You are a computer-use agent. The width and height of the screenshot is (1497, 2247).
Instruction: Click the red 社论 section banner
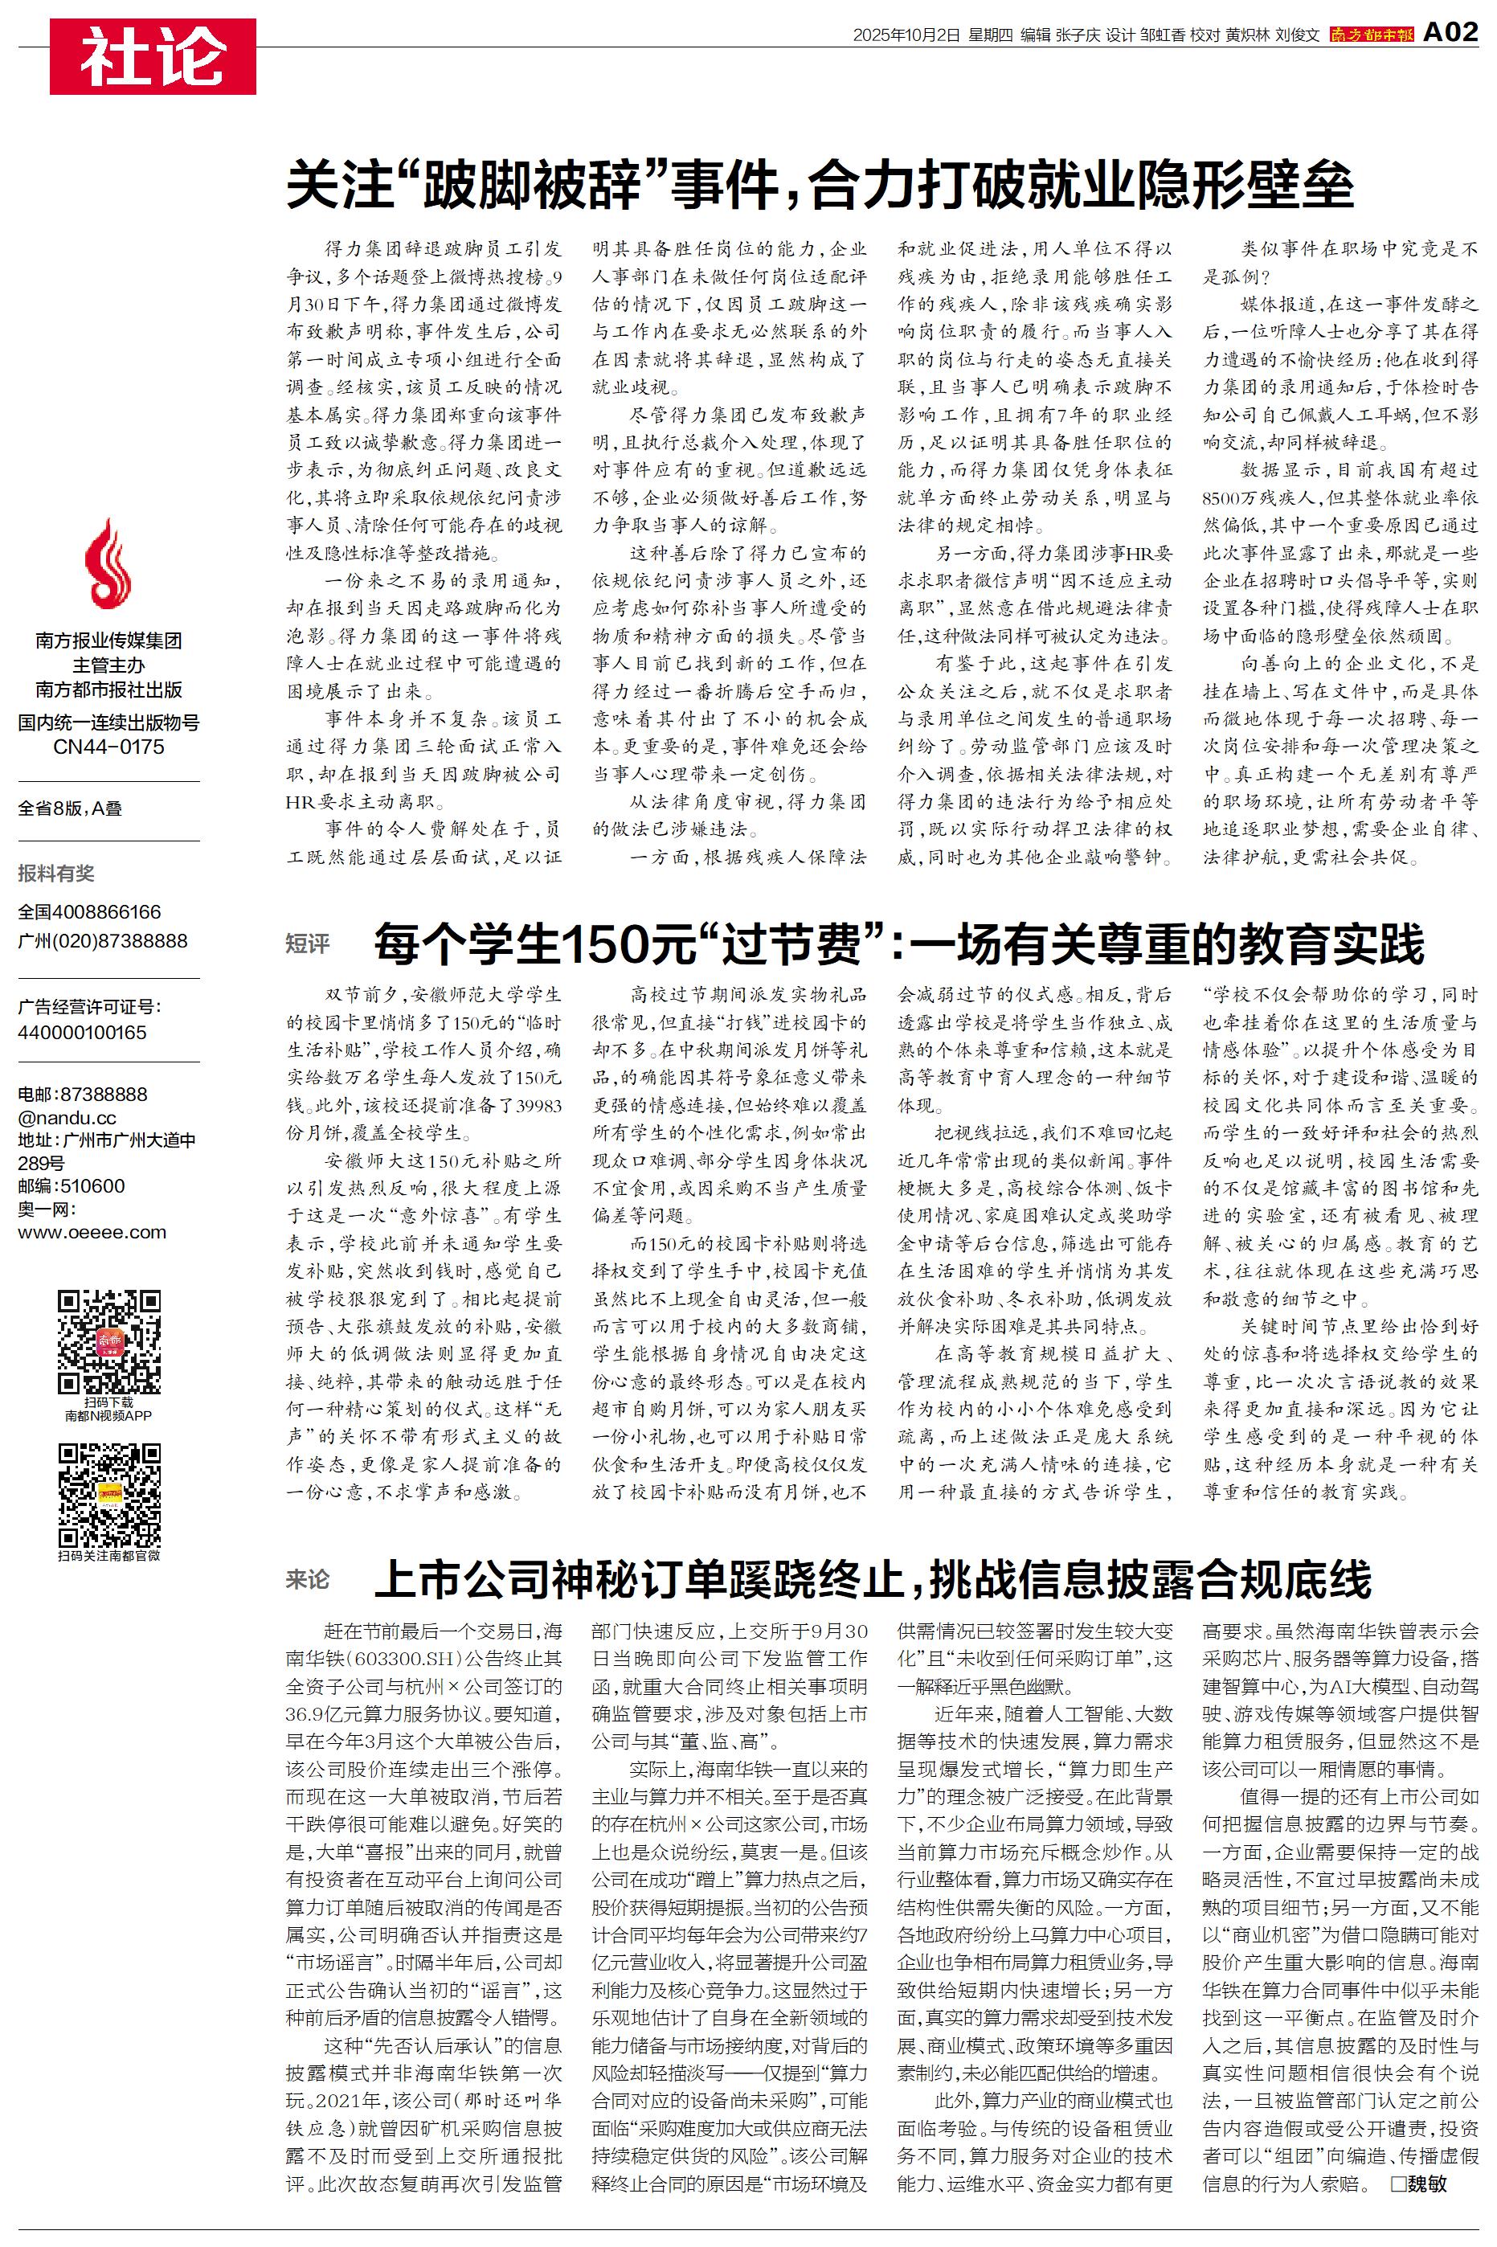tap(153, 56)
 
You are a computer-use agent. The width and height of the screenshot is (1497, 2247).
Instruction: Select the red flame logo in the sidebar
tap(108, 565)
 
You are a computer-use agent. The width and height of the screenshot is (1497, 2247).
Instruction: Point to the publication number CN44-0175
tap(108, 747)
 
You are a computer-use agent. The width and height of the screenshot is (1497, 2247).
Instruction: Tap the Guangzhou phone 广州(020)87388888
tap(102, 940)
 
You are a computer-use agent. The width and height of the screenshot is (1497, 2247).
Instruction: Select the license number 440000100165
tap(82, 1032)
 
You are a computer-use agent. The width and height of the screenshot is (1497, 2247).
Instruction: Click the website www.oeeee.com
tap(92, 1231)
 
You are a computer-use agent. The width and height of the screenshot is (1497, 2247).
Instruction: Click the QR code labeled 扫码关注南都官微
tap(108, 1495)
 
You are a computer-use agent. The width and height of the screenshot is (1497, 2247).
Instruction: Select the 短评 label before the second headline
tap(308, 943)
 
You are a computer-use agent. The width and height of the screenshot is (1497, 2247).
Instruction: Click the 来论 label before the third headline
tap(308, 1579)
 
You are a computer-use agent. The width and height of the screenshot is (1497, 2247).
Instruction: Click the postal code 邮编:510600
tap(72, 1185)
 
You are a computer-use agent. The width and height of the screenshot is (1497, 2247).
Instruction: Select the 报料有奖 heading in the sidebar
tap(56, 873)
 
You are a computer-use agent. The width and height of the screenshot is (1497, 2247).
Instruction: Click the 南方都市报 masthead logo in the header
tap(1371, 35)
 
